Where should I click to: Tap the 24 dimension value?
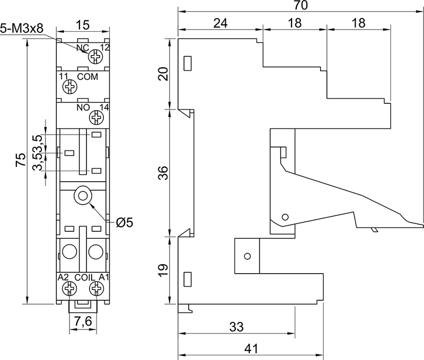point(220,23)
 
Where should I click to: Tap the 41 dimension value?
point(250,349)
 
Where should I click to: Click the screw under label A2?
point(68,288)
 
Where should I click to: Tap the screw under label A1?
point(96,288)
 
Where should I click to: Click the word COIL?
point(84,277)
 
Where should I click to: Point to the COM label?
point(87,77)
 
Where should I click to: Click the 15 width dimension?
point(83,24)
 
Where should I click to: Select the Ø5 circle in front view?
point(83,196)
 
